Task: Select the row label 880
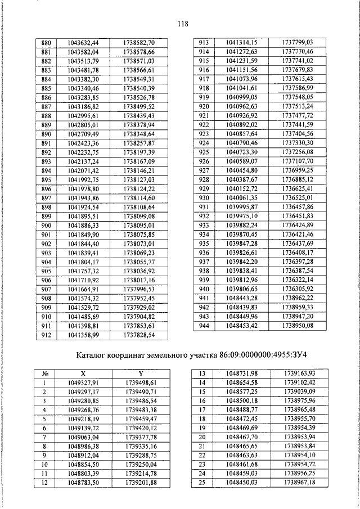47,43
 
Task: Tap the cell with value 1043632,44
83,43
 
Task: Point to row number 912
47,335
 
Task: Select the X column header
83,372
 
